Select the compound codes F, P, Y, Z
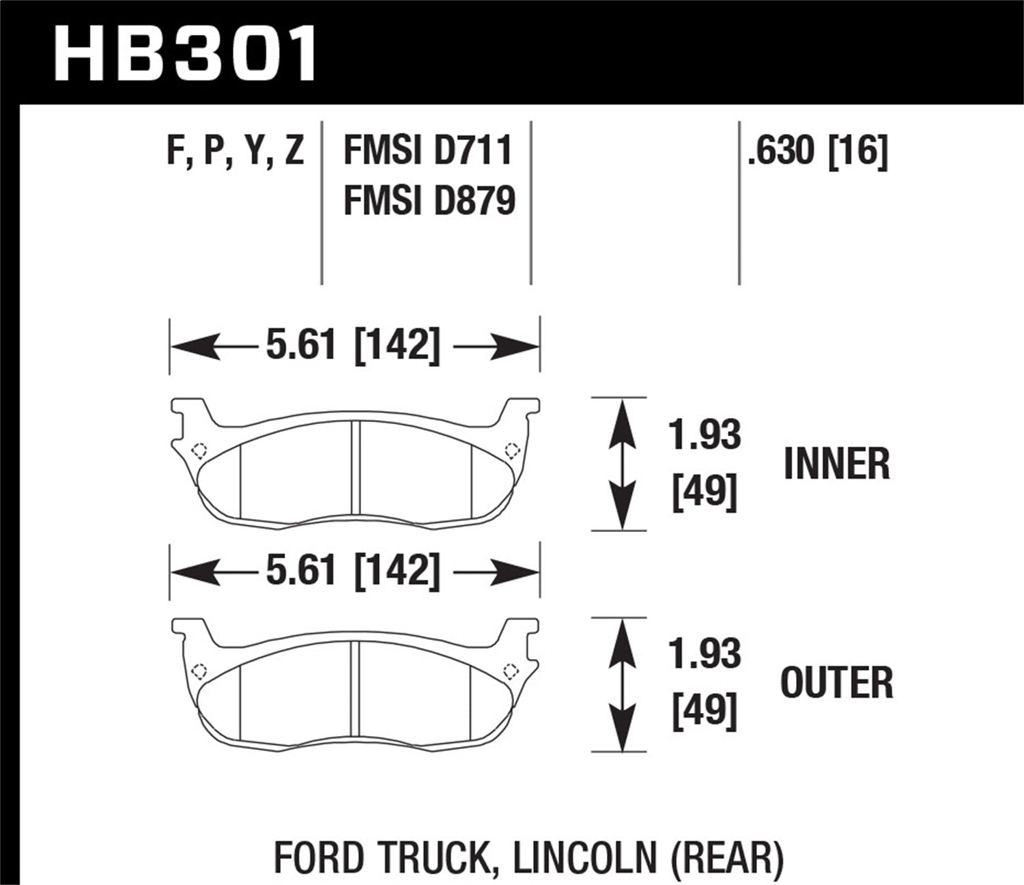[x=235, y=150]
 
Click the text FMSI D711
[x=428, y=150]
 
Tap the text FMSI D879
[x=429, y=201]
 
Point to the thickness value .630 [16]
[x=817, y=150]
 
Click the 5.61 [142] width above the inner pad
[x=353, y=345]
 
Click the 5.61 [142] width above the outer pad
[x=353, y=570]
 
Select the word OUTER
[x=836, y=683]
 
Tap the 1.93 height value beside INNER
[x=705, y=435]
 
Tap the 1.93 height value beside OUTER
[x=705, y=654]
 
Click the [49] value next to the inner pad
[x=705, y=492]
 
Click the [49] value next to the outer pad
[x=705, y=712]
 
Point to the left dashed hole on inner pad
[x=199, y=451]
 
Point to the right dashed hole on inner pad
[x=511, y=450]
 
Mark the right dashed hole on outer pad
[x=509, y=670]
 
